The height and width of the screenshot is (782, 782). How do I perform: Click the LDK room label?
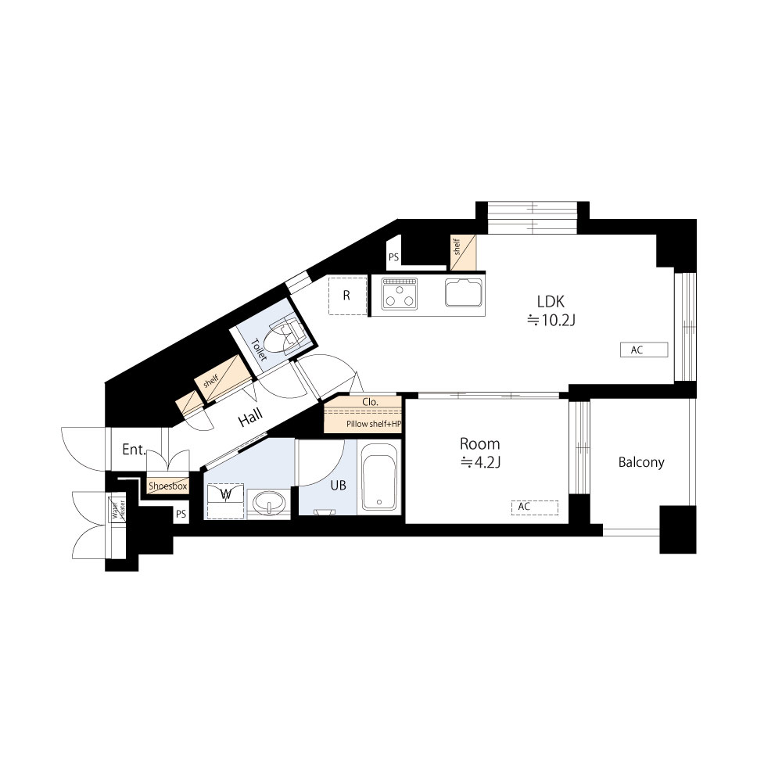551,301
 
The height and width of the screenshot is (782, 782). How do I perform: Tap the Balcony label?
641,462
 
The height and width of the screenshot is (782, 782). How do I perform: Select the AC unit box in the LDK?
644,350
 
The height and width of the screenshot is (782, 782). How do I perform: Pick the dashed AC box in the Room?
535,508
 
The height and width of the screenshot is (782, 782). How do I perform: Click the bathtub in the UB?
379,477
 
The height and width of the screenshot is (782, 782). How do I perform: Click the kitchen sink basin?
464,292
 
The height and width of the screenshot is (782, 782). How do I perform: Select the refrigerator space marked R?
348,296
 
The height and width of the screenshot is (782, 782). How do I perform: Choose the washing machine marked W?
225,500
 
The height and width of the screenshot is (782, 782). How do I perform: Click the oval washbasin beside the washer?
269,502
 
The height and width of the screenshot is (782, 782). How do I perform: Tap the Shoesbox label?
168,486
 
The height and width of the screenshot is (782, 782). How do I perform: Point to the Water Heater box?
118,509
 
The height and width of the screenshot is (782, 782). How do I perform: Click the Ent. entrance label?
135,450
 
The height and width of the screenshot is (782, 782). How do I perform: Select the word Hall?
250,418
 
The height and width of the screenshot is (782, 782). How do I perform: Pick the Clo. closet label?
370,401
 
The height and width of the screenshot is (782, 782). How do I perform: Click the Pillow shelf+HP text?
374,424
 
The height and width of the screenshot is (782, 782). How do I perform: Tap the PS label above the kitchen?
393,257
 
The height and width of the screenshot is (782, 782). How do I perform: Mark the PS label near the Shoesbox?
181,514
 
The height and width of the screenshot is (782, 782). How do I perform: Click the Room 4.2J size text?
480,463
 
